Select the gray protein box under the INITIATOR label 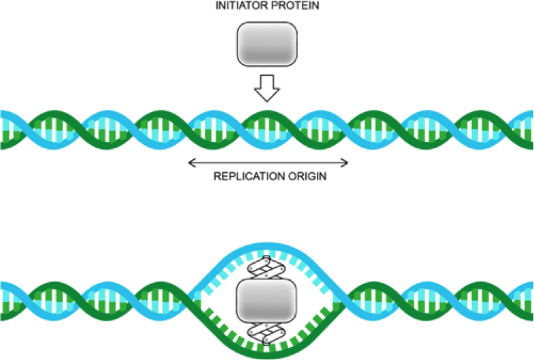pos(266,46)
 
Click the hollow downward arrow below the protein pos(267,87)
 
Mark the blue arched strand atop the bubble pos(266,247)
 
